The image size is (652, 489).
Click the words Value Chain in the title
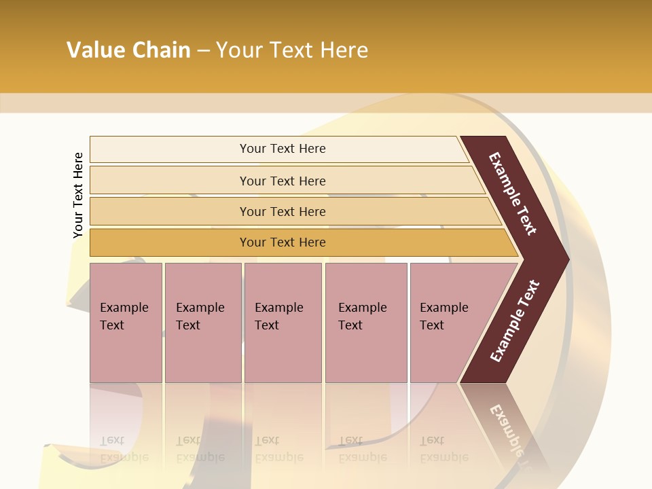coord(128,50)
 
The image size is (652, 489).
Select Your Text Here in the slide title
coord(292,50)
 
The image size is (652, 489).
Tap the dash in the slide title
coord(203,51)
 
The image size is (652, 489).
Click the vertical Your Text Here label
coord(78,195)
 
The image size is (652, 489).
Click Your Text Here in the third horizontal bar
coord(283,212)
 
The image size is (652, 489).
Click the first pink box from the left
coord(126,322)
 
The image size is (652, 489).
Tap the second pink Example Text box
coord(202,322)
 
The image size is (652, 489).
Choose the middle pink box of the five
coord(283,322)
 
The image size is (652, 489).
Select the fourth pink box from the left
coord(366,322)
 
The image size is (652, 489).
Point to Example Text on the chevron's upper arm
coord(513,194)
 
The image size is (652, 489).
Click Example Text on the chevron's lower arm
coord(515,321)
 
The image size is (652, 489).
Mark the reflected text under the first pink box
coord(124,449)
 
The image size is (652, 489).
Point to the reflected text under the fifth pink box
coord(443,449)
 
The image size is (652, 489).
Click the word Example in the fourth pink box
coord(362,308)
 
